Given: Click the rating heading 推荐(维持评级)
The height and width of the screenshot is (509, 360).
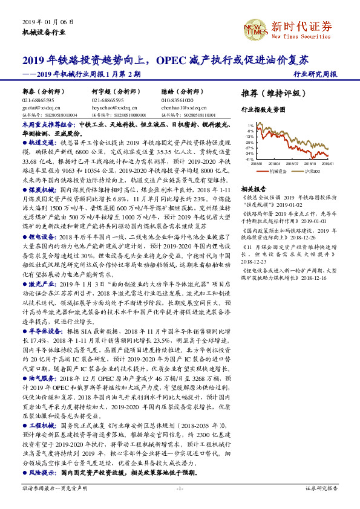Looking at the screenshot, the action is click(x=269, y=94).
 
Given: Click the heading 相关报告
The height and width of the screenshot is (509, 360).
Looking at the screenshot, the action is click(x=253, y=187).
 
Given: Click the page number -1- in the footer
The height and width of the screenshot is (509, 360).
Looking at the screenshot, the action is click(x=180, y=488).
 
